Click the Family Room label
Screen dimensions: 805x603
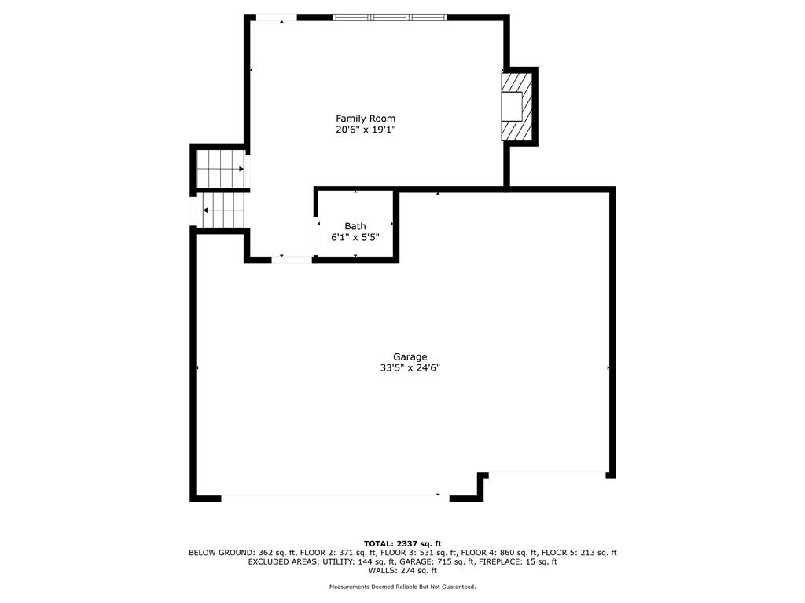click(x=366, y=119)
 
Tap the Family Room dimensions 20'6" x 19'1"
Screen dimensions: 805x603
click(x=366, y=130)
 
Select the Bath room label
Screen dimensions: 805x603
click(x=355, y=226)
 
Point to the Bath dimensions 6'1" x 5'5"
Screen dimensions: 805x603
click(x=355, y=237)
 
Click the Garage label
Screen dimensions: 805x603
click(x=410, y=357)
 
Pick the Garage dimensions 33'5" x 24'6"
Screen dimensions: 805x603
click(x=410, y=367)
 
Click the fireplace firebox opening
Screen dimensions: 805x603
click(x=512, y=106)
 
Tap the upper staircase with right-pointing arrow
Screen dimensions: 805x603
click(x=221, y=169)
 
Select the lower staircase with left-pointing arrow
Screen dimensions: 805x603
click(x=223, y=210)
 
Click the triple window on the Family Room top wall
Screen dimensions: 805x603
click(x=390, y=17)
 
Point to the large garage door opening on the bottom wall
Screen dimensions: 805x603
click(x=335, y=498)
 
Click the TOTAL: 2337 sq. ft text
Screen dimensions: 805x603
click(x=402, y=543)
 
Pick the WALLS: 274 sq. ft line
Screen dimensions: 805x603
click(x=402, y=570)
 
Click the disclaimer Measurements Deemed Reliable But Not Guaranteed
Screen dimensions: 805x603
click(x=402, y=587)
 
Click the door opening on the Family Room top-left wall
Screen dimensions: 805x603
click(x=277, y=18)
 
